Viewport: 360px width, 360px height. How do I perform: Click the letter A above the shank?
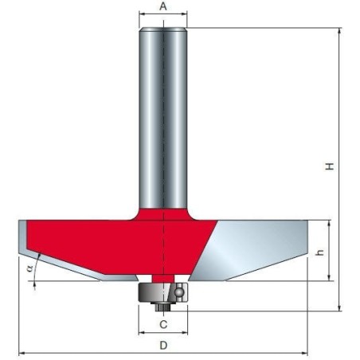point(163,6)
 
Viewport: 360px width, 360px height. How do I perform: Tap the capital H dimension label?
point(328,167)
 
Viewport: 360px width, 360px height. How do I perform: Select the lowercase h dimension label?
point(319,252)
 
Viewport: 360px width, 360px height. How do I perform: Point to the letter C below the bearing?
point(163,324)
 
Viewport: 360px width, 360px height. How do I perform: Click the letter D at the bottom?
point(163,346)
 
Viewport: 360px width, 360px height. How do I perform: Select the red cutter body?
point(119,239)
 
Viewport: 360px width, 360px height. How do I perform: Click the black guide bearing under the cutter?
point(163,292)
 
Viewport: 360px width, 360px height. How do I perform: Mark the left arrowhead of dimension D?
point(22,353)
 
